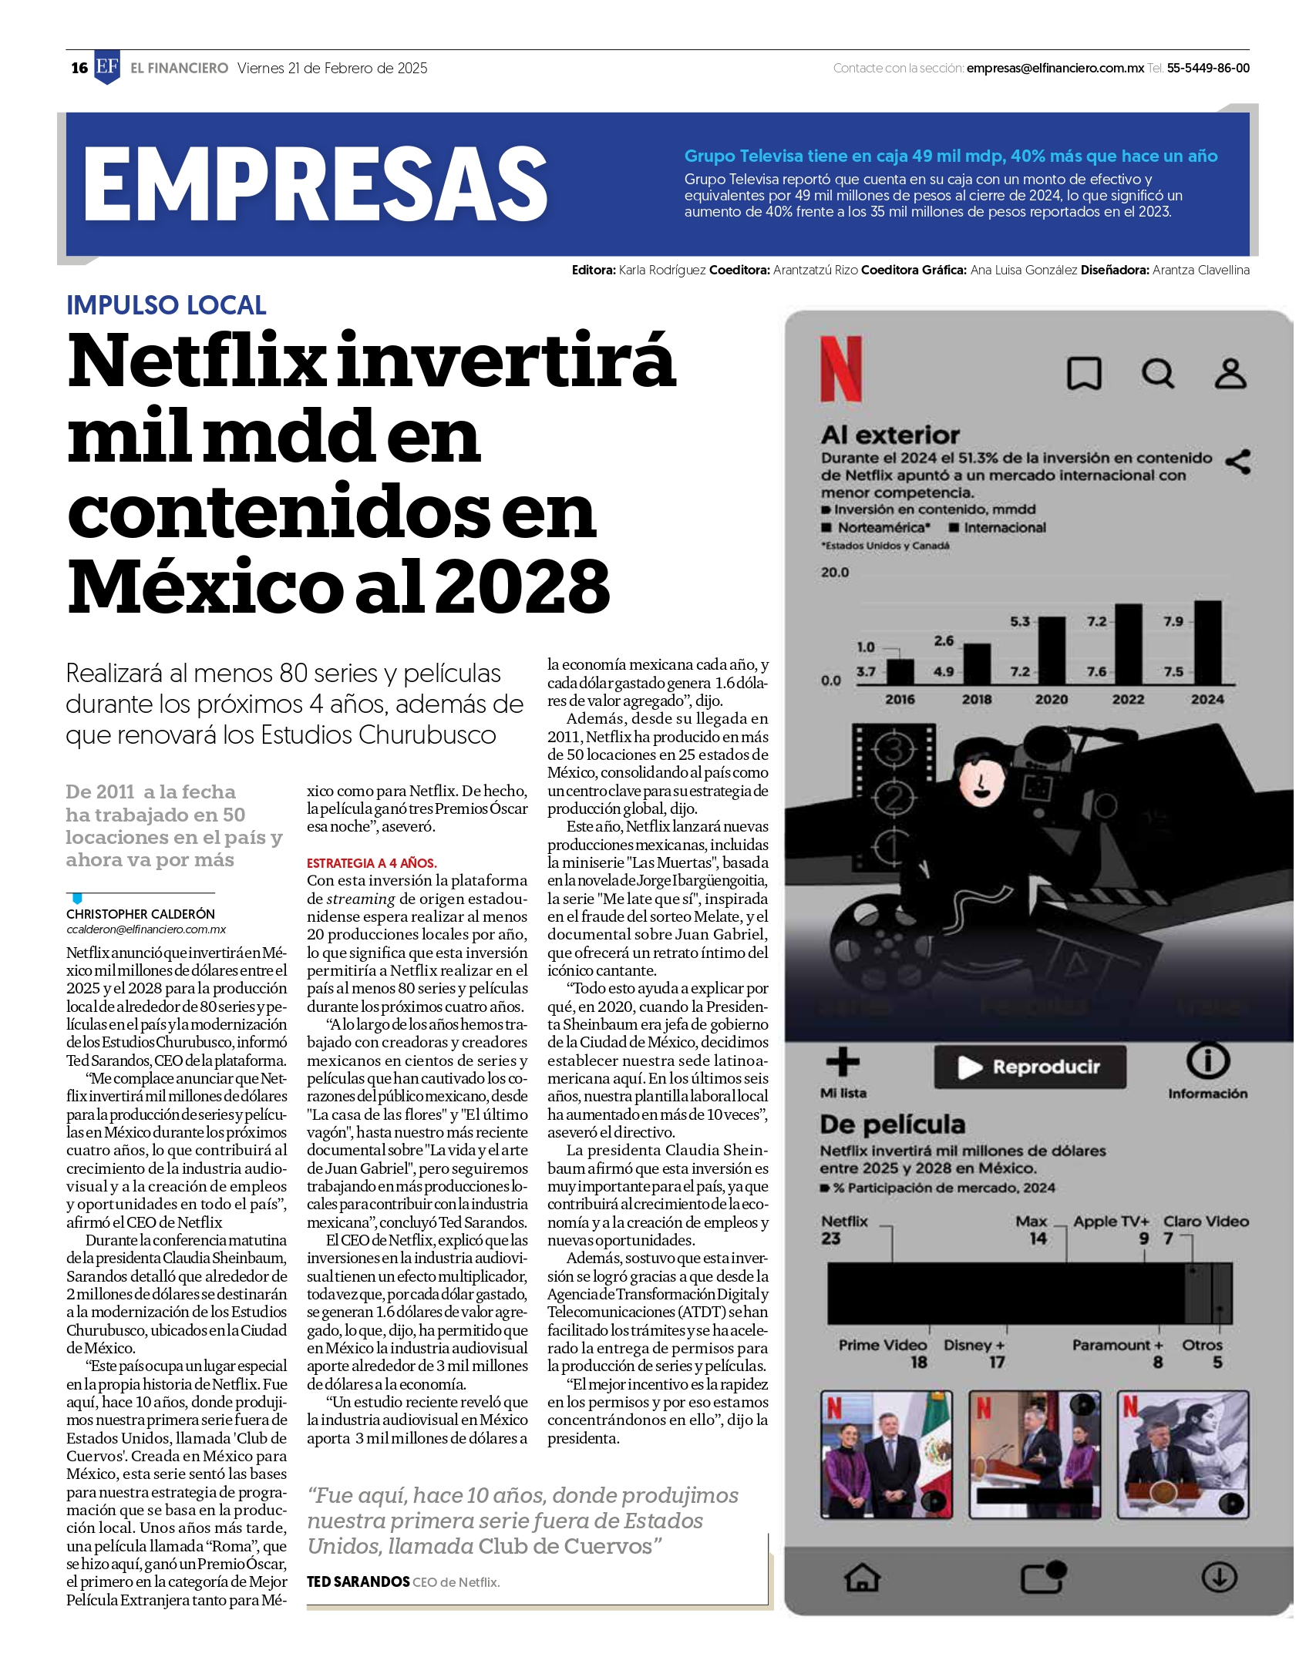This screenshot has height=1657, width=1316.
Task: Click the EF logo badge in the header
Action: click(x=107, y=67)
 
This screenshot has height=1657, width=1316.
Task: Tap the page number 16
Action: click(x=79, y=68)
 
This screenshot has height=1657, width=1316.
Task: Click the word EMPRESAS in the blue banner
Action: click(x=315, y=184)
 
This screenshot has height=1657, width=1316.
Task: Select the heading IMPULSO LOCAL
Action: click(x=166, y=305)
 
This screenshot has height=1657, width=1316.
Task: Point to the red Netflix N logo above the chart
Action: click(x=841, y=368)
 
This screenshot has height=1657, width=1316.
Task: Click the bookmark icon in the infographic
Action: click(x=1083, y=374)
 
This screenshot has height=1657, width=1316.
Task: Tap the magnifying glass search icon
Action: click(x=1157, y=374)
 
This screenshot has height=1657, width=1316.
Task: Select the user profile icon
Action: click(x=1230, y=374)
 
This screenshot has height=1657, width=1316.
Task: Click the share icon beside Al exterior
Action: click(x=1238, y=462)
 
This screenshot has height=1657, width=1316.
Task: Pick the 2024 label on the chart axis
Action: click(x=1207, y=700)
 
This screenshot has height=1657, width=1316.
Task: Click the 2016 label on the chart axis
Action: click(x=900, y=700)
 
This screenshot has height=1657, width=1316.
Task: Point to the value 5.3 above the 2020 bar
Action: click(x=1019, y=621)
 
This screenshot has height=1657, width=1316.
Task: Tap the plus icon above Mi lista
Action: click(x=843, y=1062)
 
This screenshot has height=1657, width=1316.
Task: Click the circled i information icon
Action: click(x=1207, y=1061)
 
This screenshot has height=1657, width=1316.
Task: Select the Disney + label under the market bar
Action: click(x=974, y=1345)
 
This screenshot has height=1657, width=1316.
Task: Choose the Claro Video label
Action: click(x=1206, y=1222)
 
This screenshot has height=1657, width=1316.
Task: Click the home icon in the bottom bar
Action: click(x=862, y=1578)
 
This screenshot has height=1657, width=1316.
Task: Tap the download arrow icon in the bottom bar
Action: click(x=1219, y=1577)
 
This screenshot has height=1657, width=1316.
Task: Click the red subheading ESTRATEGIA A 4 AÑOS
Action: click(x=372, y=863)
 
